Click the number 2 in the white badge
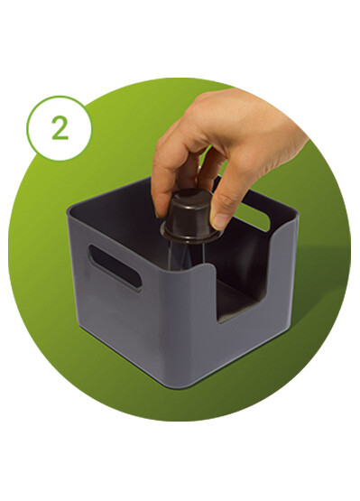click(60, 127)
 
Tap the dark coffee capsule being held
click(190, 216)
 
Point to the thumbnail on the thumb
click(220, 221)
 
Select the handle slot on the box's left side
click(115, 267)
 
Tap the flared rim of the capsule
click(191, 236)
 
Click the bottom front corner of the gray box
click(180, 385)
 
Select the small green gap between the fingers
click(207, 153)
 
